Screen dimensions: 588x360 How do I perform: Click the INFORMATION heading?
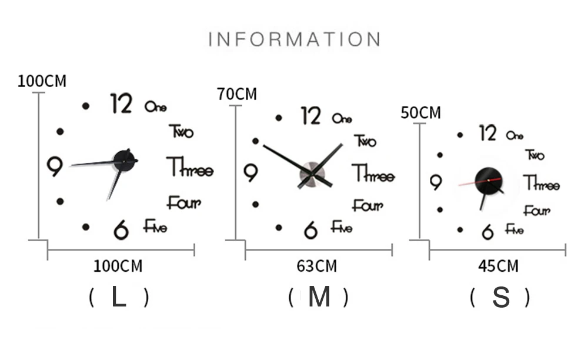click(x=295, y=39)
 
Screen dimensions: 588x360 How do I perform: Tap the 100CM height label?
click(x=42, y=81)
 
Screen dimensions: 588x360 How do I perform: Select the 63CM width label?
click(x=317, y=266)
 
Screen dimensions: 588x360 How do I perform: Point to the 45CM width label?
click(x=498, y=266)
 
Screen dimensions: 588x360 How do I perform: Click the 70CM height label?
click(x=237, y=94)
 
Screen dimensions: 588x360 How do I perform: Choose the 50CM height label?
click(x=420, y=112)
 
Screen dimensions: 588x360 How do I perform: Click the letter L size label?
click(x=119, y=298)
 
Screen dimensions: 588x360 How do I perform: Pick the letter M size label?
click(x=319, y=298)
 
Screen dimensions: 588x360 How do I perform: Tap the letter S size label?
click(x=501, y=298)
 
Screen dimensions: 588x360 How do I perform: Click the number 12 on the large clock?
click(x=122, y=104)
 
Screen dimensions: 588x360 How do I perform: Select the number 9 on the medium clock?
click(x=250, y=173)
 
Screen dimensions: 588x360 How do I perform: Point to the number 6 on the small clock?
click(x=487, y=232)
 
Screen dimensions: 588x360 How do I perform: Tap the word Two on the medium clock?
click(x=365, y=142)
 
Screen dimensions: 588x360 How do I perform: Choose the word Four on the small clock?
click(x=536, y=210)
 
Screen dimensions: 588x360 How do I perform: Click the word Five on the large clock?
click(x=155, y=226)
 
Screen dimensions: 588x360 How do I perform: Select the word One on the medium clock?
click(x=342, y=118)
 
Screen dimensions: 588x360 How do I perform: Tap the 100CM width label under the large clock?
click(x=118, y=266)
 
